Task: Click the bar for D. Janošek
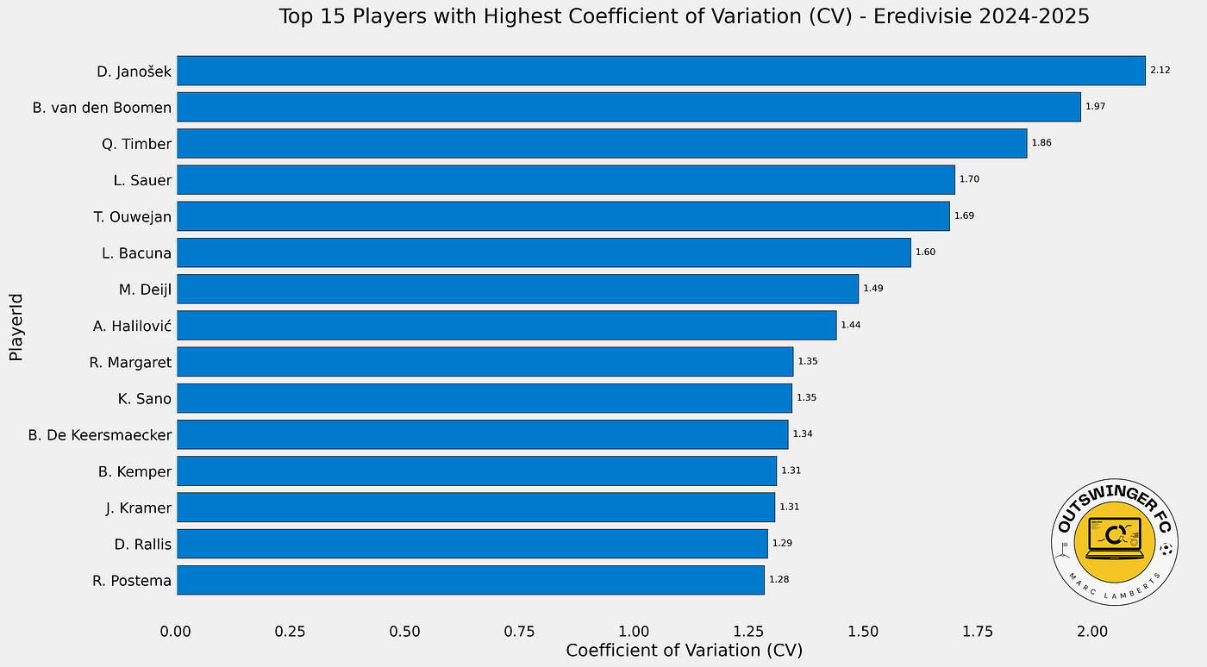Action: point(660,71)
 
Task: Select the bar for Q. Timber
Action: point(602,143)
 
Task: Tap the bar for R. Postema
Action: point(470,580)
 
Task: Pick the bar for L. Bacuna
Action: point(543,252)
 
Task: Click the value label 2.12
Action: point(1160,71)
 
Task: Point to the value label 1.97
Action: point(1095,107)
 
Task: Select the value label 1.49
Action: point(873,289)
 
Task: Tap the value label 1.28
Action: point(779,580)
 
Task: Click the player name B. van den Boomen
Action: point(102,108)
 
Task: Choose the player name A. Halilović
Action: point(132,326)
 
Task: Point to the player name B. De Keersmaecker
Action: point(100,435)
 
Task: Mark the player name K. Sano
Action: point(145,399)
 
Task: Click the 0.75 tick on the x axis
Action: point(519,632)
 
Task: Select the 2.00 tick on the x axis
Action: point(1091,632)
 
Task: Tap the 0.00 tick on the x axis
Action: point(177,632)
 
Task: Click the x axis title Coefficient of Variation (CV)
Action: point(684,651)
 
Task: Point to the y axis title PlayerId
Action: point(16,327)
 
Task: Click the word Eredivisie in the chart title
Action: point(916,16)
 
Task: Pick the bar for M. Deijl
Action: point(517,289)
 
